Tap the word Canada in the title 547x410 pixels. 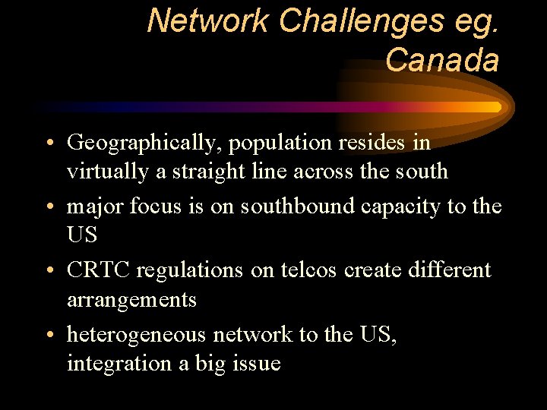coord(442,60)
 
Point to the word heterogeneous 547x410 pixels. coord(137,334)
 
